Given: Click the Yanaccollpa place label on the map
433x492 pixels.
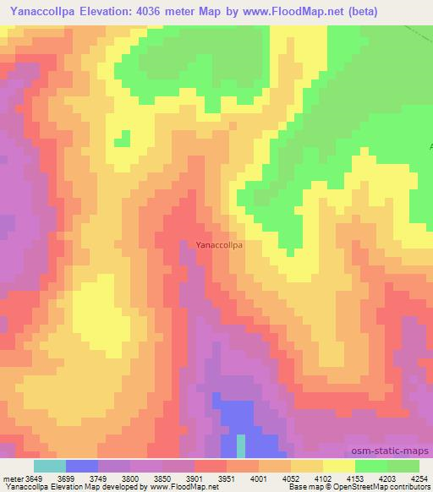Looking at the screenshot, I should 219,245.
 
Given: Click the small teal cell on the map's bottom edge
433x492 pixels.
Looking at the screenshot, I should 241,446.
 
